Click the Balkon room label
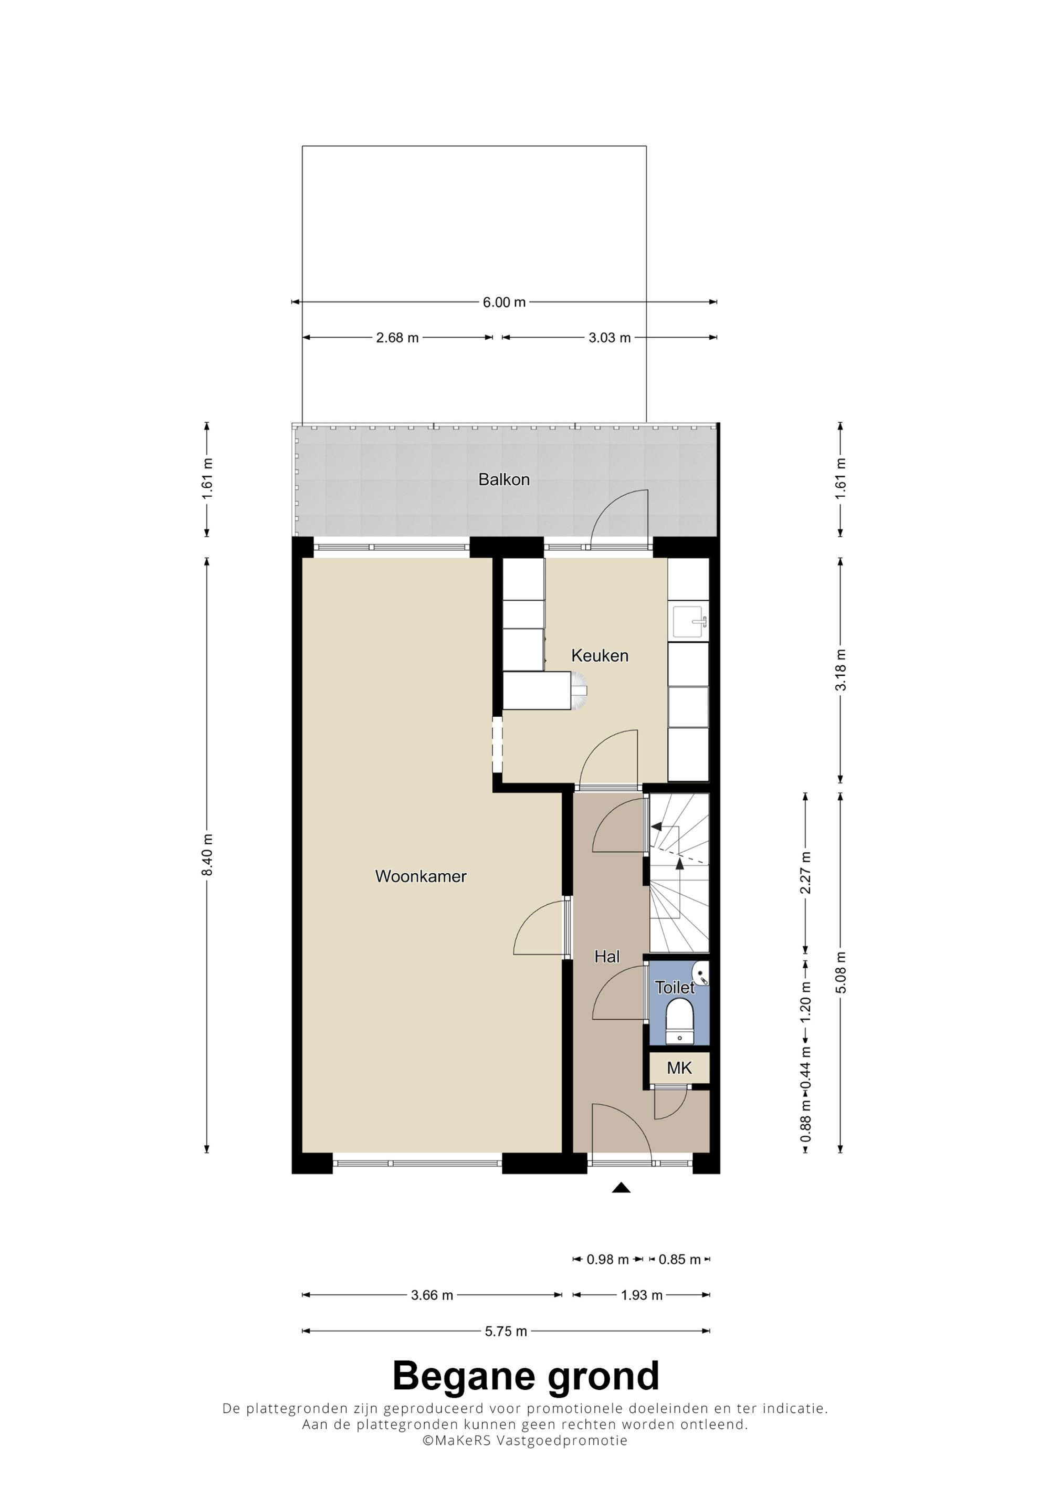pos(504,479)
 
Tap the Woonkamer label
pos(421,876)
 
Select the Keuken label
pos(600,656)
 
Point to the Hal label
pos(607,956)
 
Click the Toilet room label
pos(675,987)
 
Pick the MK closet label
pos(679,1068)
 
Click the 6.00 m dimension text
pos(505,302)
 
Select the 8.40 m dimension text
pos(207,855)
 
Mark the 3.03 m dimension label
pos(610,338)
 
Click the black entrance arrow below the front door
pos(621,1188)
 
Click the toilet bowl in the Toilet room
pos(679,1019)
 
